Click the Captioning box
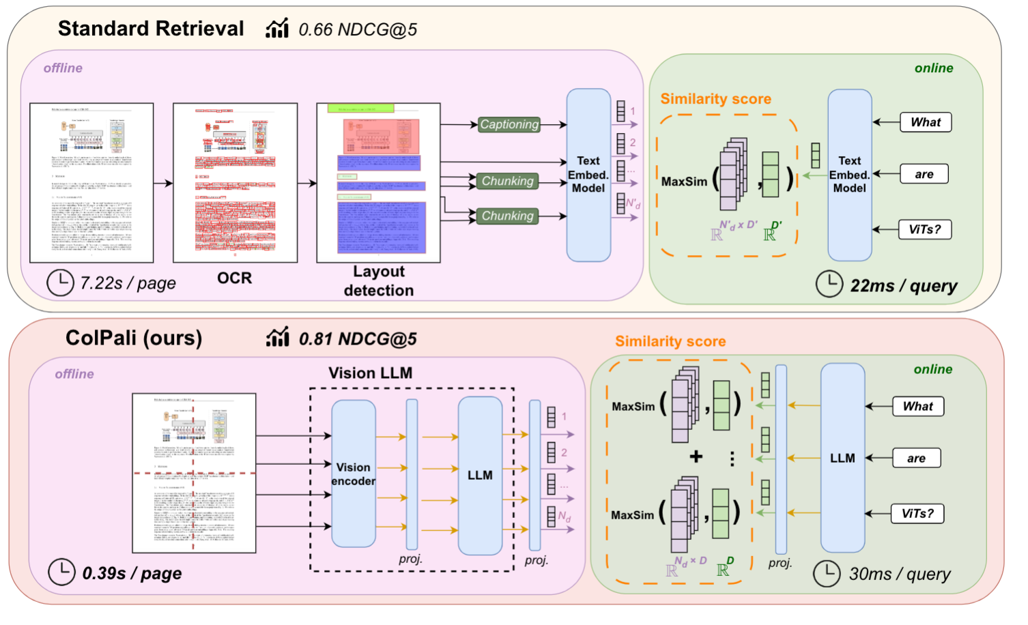509,124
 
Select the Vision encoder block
353,474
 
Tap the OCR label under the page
234,278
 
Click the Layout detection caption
378,281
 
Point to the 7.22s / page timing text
128,283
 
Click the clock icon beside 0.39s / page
61,572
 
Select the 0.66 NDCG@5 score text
357,29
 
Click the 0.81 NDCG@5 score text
357,339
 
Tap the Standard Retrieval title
150,29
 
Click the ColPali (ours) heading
134,338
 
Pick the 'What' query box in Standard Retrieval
925,122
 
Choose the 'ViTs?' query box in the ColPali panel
917,514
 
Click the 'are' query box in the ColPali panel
916,459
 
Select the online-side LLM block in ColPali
842,458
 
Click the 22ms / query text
903,286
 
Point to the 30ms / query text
899,575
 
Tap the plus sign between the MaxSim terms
696,456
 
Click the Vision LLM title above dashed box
370,373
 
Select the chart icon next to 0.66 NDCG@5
277,29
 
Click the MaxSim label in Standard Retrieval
684,181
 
